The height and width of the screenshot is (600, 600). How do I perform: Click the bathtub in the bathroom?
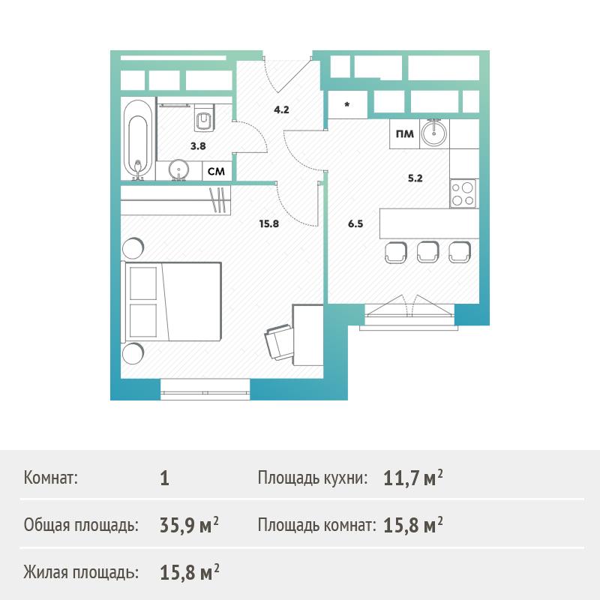pos(138,139)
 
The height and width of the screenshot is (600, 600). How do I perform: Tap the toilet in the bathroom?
pos(204,119)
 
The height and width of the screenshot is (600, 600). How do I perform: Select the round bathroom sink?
pos(178,169)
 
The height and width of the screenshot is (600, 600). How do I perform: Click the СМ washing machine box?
pos(216,171)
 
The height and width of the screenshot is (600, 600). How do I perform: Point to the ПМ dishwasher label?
pos(404,134)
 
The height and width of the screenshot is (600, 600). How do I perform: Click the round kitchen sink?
pos(433,133)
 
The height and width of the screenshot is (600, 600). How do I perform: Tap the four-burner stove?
pos(463,193)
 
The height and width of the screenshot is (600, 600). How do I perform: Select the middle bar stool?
pos(427,252)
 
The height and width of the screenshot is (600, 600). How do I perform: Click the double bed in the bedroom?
pos(171,301)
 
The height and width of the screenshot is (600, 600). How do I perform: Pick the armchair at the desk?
pos(278,341)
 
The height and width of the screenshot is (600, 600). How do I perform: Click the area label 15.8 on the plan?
pos(269,223)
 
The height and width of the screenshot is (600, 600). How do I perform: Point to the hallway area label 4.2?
pos(281,109)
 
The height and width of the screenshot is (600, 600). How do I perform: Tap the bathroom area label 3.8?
pos(198,145)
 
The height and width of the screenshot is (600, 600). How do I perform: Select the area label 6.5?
pos(355,223)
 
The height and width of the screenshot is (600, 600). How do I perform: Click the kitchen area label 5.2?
pos(415,178)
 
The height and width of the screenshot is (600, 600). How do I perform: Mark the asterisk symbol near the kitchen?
pos(347,104)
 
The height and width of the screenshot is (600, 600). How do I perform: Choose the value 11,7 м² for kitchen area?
pos(413,478)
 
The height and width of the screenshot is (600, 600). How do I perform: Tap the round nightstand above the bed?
pos(133,247)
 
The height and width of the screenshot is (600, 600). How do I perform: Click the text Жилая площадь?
pos(81,572)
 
